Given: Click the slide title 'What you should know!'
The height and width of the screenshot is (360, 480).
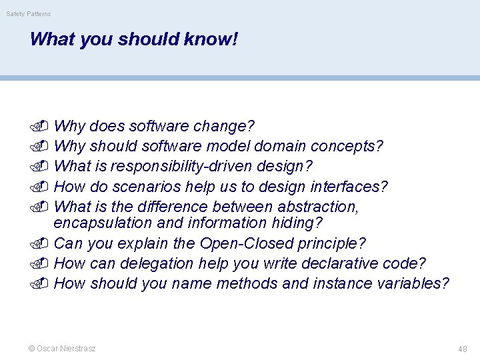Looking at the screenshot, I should [x=133, y=39].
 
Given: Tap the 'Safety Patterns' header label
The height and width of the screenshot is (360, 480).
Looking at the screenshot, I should [x=29, y=14].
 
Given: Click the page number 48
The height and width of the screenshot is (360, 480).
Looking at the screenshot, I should [x=462, y=349].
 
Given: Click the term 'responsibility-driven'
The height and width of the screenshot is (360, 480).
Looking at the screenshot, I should [x=183, y=165].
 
